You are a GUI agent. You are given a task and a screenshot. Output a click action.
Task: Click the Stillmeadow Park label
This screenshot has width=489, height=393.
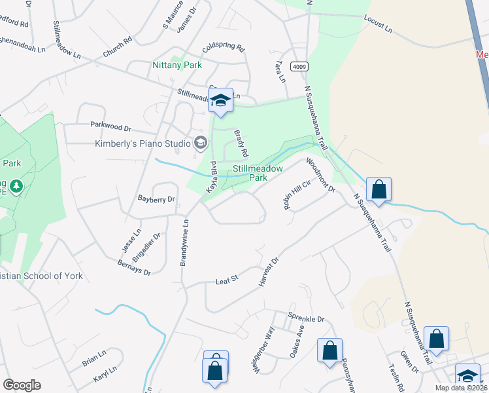259,173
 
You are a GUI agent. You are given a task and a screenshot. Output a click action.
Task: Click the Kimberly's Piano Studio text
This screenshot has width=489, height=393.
142,143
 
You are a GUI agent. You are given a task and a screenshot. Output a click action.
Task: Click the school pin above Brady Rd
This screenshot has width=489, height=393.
220,100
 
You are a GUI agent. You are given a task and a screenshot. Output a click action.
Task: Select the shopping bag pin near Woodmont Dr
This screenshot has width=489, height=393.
379,190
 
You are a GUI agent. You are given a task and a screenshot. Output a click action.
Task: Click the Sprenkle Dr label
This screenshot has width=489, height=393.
306,319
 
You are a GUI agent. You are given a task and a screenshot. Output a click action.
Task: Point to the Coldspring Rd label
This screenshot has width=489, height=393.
223,48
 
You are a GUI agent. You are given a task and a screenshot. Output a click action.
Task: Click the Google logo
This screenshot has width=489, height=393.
22,385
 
